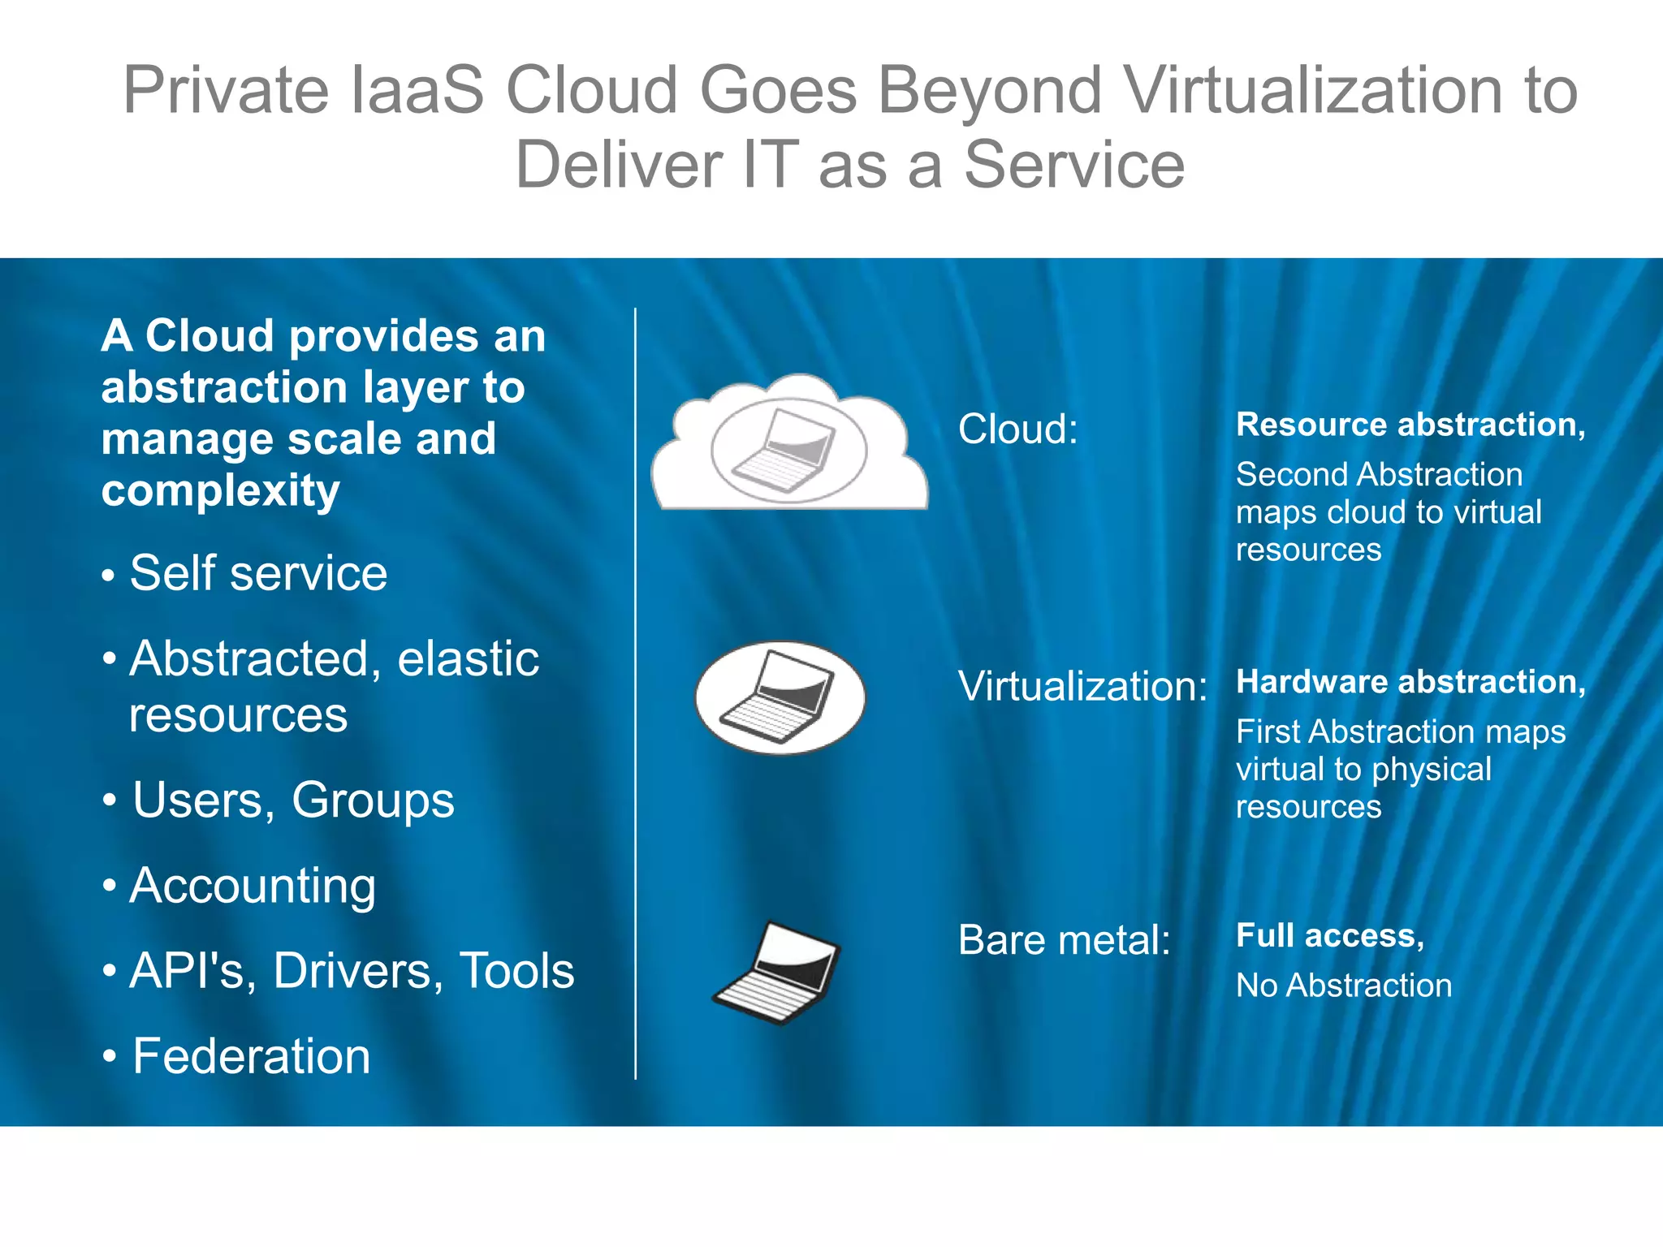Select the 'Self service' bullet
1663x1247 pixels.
coord(258,573)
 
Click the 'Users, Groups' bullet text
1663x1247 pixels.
coord(293,800)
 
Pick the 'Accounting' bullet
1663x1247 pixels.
coord(253,886)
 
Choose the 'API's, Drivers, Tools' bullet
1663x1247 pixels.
coord(352,971)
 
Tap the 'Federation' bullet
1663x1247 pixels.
coord(251,1056)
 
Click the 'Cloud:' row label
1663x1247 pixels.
coord(1017,429)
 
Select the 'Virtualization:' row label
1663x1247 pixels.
coord(1082,686)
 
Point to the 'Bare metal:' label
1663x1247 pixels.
coord(1064,940)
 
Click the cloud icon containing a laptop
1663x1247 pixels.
coord(789,445)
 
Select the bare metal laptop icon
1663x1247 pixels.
coord(777,973)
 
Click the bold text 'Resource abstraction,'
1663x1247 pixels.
coord(1410,425)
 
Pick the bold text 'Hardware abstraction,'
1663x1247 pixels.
coord(1410,682)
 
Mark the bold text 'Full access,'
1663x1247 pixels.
coord(1329,935)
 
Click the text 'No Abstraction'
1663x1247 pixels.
coord(1344,986)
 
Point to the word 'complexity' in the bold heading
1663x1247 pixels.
coord(220,491)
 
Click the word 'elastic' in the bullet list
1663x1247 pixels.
coord(468,658)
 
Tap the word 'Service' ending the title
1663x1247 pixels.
coord(1073,165)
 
